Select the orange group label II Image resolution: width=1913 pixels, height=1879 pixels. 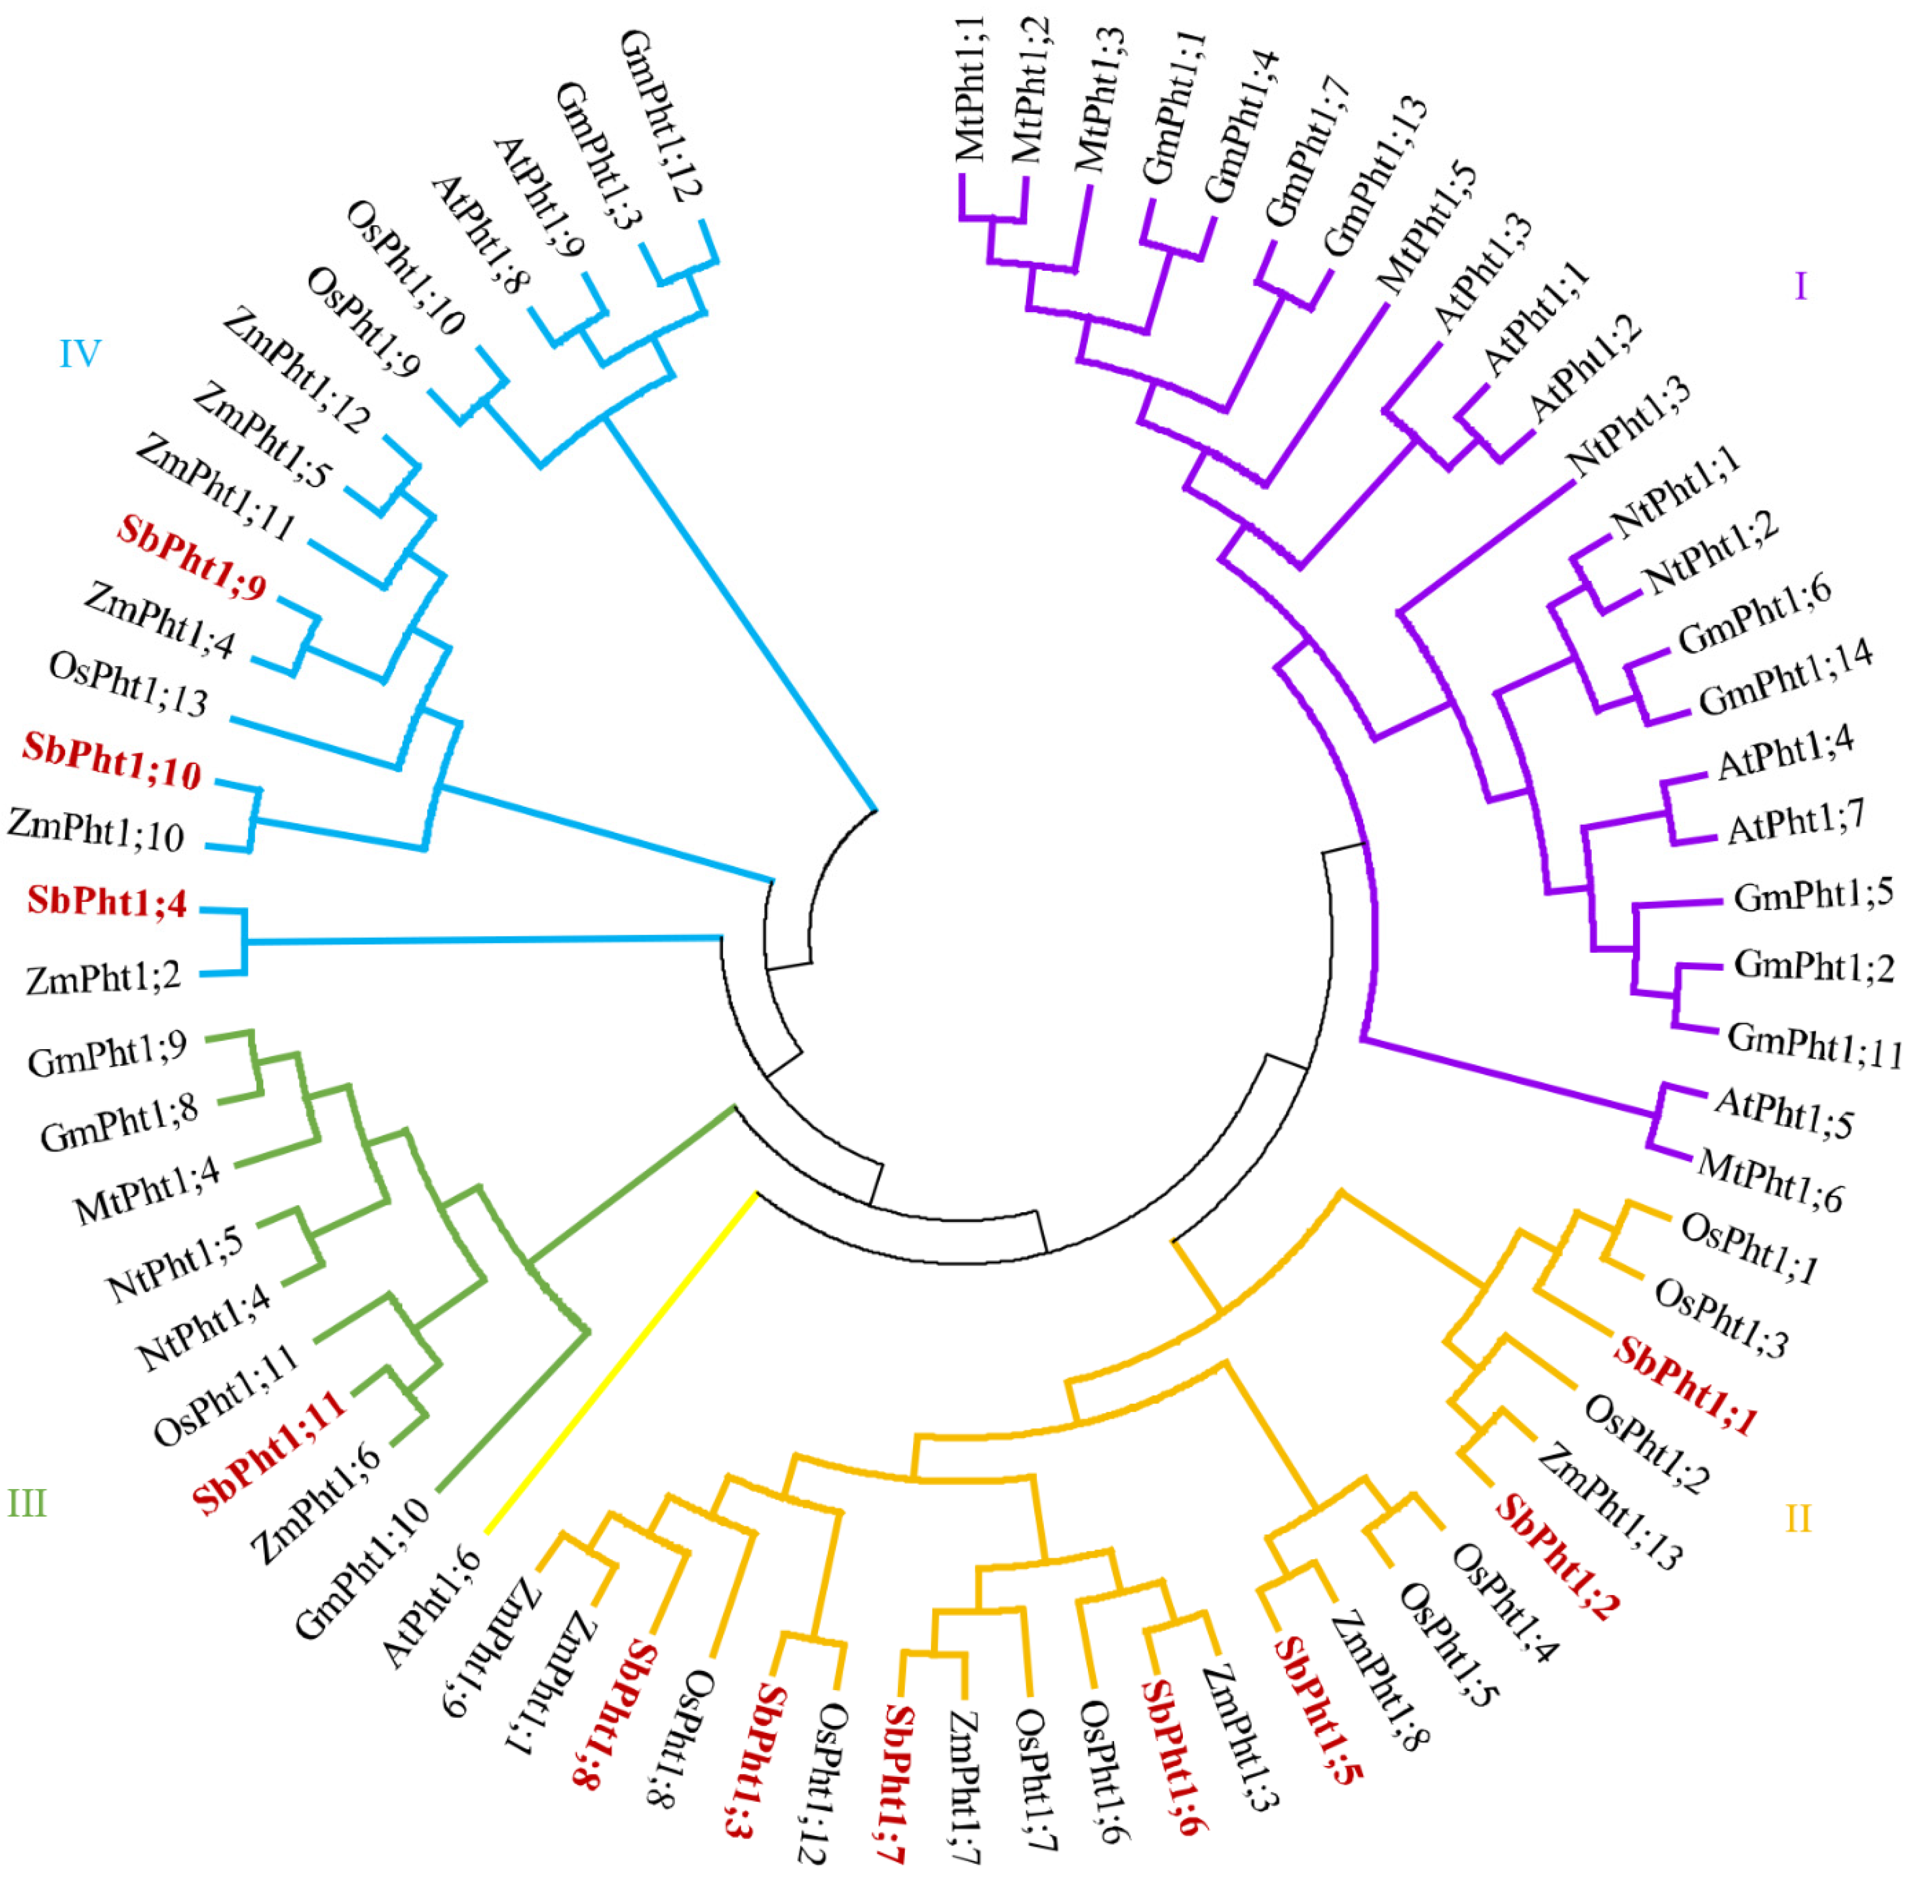(x=1798, y=1518)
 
